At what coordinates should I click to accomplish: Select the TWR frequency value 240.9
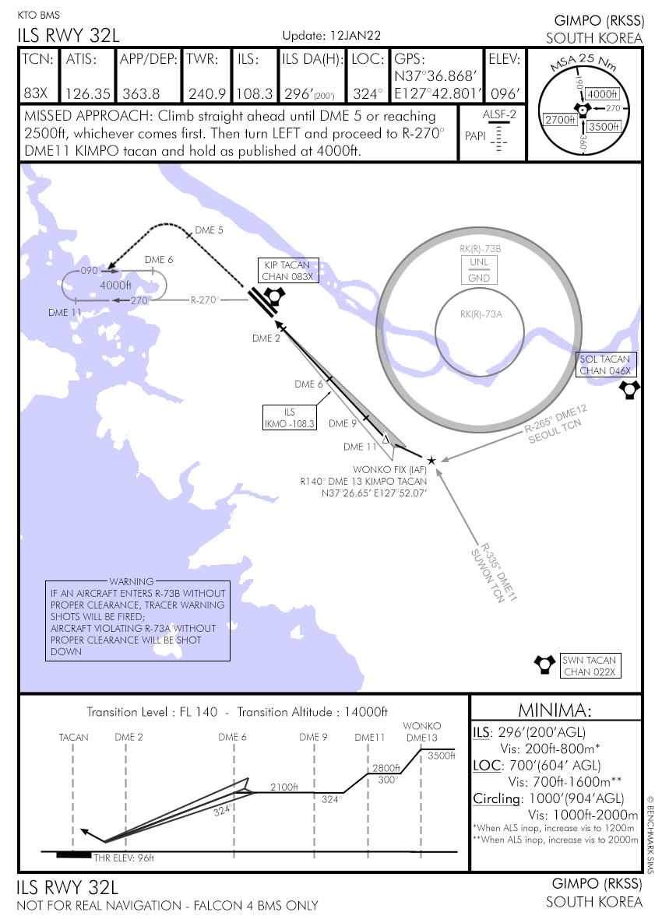(x=206, y=93)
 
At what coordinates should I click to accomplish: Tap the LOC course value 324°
(x=368, y=93)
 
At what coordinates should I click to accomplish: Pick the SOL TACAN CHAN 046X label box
(x=607, y=364)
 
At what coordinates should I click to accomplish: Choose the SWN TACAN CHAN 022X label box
(x=590, y=666)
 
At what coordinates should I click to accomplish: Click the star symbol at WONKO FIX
(x=431, y=461)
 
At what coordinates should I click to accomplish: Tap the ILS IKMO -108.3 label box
(x=290, y=419)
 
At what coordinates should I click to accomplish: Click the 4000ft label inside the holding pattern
(x=115, y=285)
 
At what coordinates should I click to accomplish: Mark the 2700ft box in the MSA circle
(x=560, y=120)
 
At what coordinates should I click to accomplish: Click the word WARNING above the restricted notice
(x=131, y=581)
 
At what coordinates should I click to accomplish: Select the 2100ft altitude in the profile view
(x=284, y=787)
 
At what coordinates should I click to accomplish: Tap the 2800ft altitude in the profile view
(x=386, y=767)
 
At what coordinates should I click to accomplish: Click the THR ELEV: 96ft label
(x=125, y=858)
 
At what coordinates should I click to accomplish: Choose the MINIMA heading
(x=555, y=710)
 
